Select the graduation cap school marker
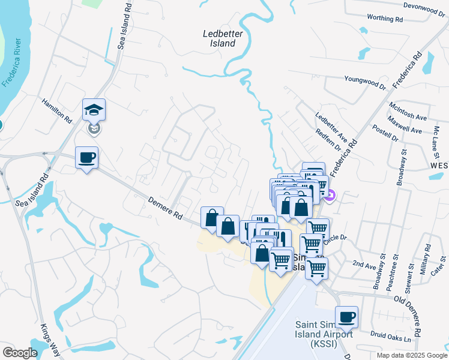coord(94,110)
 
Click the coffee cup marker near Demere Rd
coord(86,157)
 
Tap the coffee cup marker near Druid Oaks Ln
coord(346,317)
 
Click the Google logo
coord(19,353)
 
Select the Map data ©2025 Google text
coord(412,355)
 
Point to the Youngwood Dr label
coord(365,79)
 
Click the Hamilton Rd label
coord(56,110)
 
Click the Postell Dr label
coord(385,133)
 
